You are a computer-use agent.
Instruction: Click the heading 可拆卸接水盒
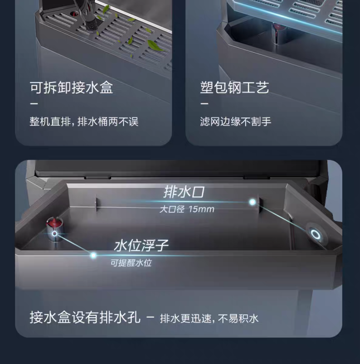tap(71, 88)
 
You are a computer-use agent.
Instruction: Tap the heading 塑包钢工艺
tap(234, 88)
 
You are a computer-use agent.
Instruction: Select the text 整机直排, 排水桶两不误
tap(84, 121)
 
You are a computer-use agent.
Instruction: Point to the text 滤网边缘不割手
tap(236, 121)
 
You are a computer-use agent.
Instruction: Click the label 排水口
tap(184, 192)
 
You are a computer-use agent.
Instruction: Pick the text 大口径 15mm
tap(187, 209)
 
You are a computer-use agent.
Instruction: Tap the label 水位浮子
tap(141, 245)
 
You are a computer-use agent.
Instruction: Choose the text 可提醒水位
tap(131, 263)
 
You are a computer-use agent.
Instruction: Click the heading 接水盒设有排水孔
tap(85, 317)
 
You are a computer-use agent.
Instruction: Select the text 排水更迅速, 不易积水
tap(209, 318)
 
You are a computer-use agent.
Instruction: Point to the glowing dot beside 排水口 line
tap(253, 202)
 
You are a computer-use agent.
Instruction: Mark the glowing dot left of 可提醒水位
tap(93, 255)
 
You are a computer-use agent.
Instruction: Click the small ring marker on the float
tap(55, 234)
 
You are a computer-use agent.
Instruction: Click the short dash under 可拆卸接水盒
tap(34, 103)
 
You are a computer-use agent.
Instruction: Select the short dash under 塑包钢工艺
tap(204, 103)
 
